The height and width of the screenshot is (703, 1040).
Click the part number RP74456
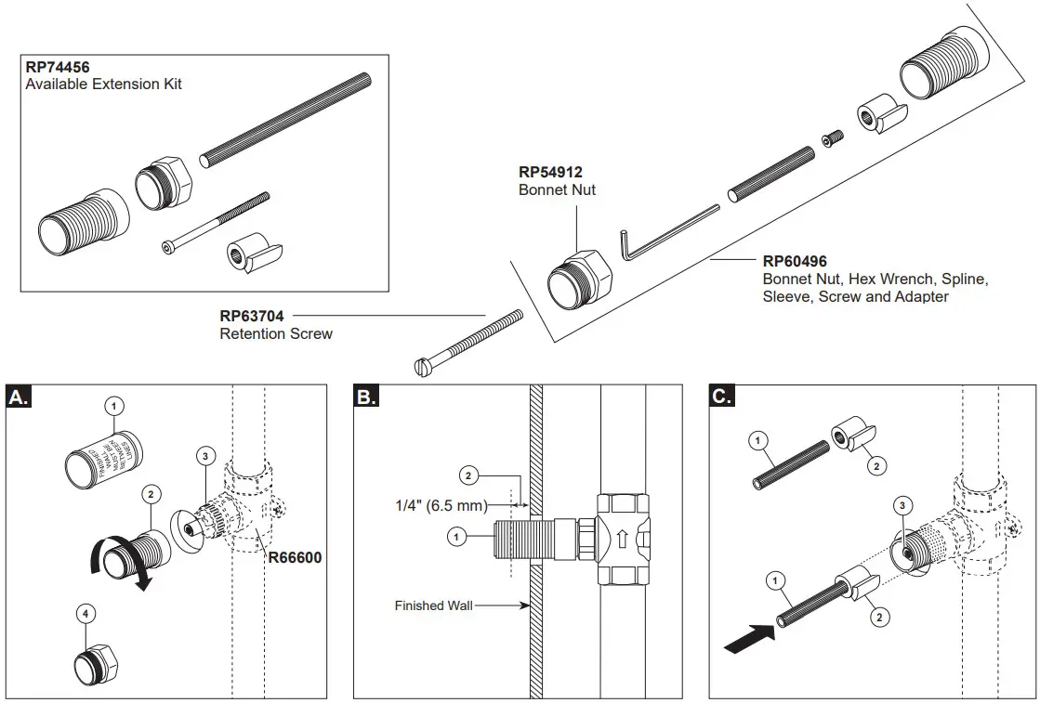(x=59, y=68)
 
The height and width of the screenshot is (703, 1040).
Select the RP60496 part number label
(x=795, y=262)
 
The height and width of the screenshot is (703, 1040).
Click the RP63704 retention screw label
(x=251, y=317)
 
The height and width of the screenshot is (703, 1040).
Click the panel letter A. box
(x=19, y=397)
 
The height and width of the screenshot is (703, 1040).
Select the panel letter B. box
(x=367, y=397)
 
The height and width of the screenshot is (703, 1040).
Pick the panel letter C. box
(x=722, y=397)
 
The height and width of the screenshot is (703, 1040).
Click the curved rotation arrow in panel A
(x=116, y=564)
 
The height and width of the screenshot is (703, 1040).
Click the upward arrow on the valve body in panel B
(x=621, y=537)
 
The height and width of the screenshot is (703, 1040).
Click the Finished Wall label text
(x=433, y=605)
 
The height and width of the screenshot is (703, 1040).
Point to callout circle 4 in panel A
(x=86, y=614)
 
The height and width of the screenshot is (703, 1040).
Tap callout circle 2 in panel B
(x=468, y=476)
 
